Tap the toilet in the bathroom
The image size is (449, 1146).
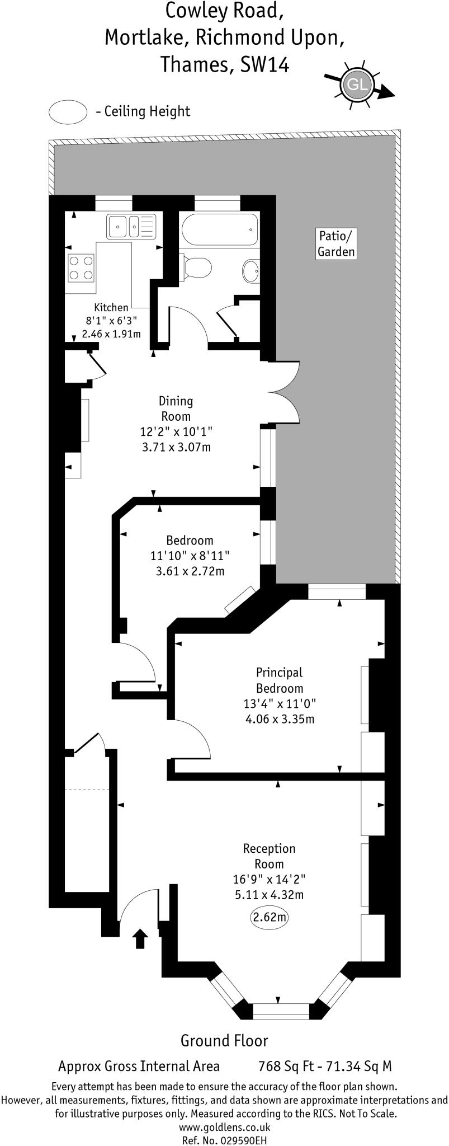pos(196,266)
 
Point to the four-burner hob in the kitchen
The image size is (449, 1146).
pos(81,267)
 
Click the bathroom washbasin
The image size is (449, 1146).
pos(251,271)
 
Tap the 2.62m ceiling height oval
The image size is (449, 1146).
pos(270,917)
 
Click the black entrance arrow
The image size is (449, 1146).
pos(140,938)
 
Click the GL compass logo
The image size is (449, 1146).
pos(357,85)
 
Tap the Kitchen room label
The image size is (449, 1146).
pos(111,307)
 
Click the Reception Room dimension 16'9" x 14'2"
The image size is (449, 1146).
pos(270,879)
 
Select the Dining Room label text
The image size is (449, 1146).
pos(176,408)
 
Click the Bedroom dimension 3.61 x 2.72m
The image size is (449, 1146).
pos(190,571)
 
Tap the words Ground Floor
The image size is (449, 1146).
pos(224,1040)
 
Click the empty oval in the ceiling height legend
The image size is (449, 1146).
pos(68,111)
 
